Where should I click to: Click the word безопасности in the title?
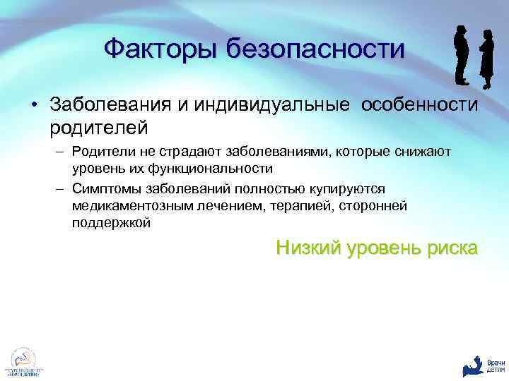coord(315,49)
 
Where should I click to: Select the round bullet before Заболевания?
coord(34,106)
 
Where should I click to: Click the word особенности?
coord(420,105)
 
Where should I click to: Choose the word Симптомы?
coord(104,188)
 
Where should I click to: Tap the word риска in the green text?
coord(450,248)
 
